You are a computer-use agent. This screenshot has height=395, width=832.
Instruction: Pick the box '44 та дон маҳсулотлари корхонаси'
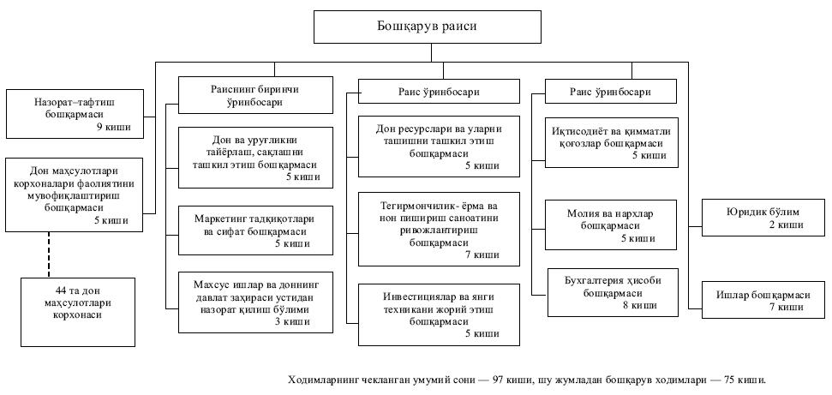pyautogui.click(x=78, y=297)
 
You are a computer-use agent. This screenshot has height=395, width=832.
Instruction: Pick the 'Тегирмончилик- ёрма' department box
pyautogui.click(x=438, y=230)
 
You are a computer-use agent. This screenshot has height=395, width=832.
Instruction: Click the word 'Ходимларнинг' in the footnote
pyautogui.click(x=330, y=378)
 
